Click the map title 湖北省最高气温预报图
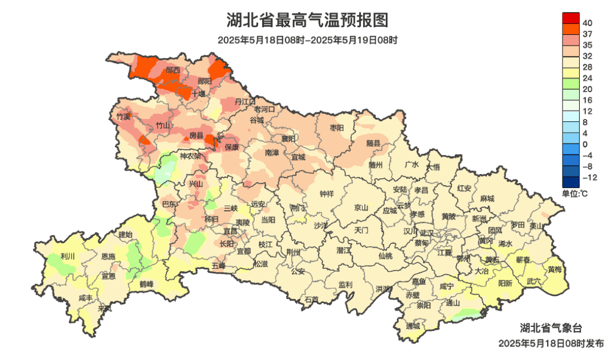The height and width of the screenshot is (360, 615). click(307, 21)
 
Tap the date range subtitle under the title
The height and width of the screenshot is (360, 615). click(307, 40)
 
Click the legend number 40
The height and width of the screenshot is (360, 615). click(588, 23)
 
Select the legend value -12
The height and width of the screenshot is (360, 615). click(589, 178)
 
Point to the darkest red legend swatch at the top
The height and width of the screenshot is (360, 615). click(571, 18)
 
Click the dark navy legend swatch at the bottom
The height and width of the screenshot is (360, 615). click(571, 182)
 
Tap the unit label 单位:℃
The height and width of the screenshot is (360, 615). click(575, 194)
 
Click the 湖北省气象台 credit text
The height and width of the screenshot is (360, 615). click(551, 328)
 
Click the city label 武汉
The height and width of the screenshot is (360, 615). click(426, 232)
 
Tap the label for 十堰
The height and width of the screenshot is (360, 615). click(198, 93)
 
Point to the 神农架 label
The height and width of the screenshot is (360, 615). click(190, 156)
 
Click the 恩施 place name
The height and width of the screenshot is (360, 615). click(108, 257)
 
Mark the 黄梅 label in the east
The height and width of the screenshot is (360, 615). click(555, 269)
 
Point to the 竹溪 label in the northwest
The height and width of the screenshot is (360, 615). click(123, 116)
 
